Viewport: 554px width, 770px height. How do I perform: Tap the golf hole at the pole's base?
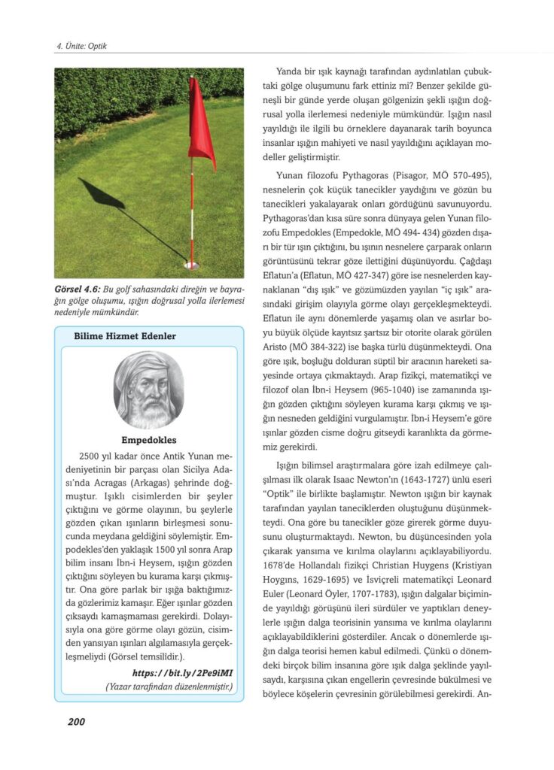pyautogui.click(x=191, y=265)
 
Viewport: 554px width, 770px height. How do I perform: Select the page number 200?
pyautogui.click(x=76, y=721)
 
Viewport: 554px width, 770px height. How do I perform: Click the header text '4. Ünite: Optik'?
pyautogui.click(x=81, y=47)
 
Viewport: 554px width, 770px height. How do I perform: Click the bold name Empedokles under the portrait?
pyautogui.click(x=148, y=441)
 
